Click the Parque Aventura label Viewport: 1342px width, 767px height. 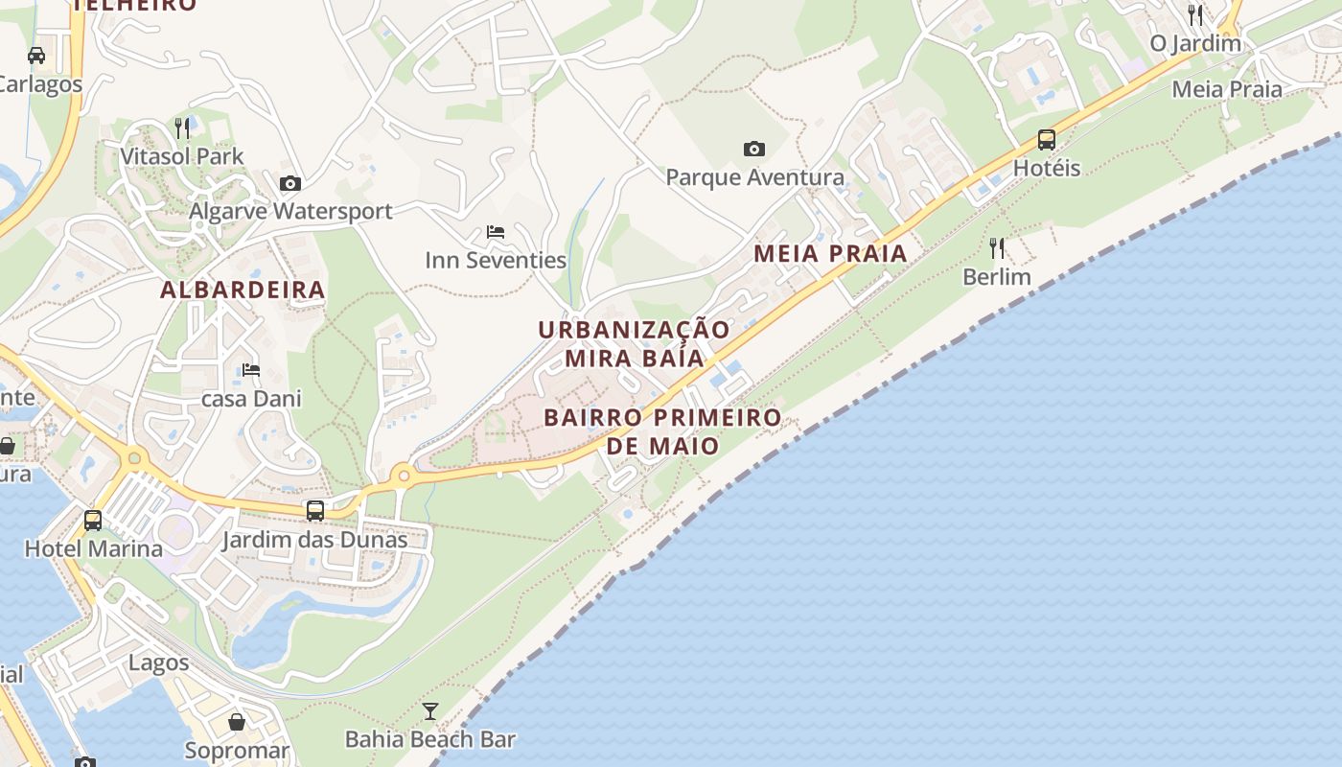[754, 177]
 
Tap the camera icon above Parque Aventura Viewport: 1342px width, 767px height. [754, 149]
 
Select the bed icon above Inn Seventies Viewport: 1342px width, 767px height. [496, 232]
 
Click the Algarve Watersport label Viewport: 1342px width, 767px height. [290, 211]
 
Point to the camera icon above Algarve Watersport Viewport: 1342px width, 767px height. [290, 183]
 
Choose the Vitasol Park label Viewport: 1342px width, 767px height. [182, 156]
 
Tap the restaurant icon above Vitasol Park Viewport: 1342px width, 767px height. [182, 128]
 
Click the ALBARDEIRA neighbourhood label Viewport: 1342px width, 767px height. [243, 290]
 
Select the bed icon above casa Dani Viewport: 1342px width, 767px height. [251, 369]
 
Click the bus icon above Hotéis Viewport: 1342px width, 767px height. [1047, 140]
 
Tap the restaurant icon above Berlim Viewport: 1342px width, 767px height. [997, 248]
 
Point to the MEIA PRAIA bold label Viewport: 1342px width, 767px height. [830, 253]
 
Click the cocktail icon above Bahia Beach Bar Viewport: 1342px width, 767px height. [430, 711]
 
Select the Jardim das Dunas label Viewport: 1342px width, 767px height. [314, 540]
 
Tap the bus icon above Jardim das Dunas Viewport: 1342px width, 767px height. [315, 511]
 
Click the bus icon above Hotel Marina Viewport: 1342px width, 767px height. [93, 521]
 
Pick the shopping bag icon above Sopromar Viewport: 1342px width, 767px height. [237, 722]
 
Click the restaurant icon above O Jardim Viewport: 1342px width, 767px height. [1195, 15]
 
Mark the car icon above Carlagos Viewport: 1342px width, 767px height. [36, 55]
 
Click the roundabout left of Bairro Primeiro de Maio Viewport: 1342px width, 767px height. [404, 475]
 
